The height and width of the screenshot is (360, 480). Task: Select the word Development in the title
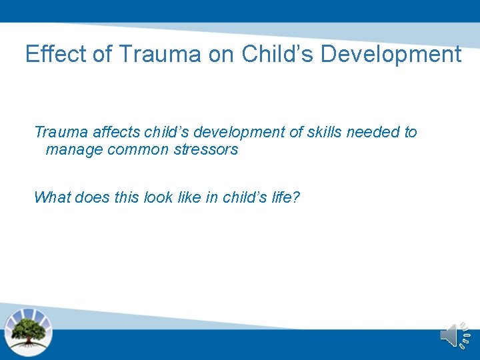(391, 54)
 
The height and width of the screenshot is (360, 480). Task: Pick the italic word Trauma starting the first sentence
(60, 132)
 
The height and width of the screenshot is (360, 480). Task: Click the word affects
(115, 132)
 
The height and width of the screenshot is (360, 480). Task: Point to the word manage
(74, 149)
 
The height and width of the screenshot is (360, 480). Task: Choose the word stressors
(206, 149)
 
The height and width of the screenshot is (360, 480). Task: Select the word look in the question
(158, 197)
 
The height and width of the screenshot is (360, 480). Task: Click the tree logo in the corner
(28, 330)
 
